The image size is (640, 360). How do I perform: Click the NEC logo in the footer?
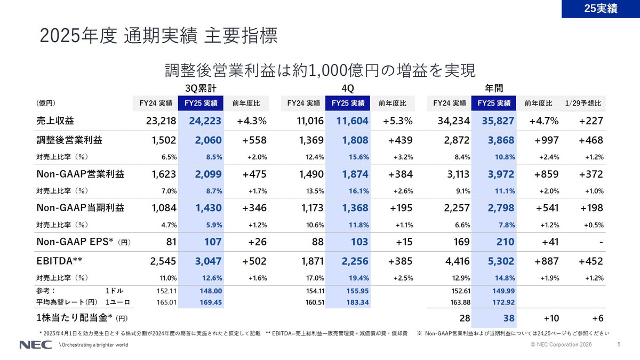tap(36, 345)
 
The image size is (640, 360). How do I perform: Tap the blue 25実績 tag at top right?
tap(601, 9)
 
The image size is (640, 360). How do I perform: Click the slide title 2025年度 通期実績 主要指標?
tap(158, 36)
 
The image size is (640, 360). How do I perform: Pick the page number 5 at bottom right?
tap(619, 345)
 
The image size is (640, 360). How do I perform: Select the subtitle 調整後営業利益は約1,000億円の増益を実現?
tap(319, 70)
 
